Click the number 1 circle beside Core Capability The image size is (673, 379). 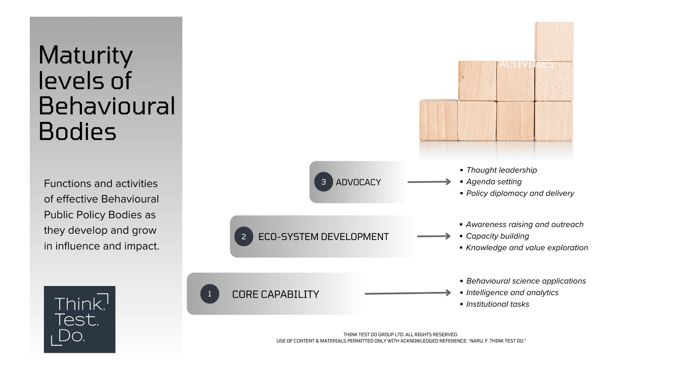pos(209,294)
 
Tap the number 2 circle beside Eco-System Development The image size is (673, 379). pos(244,237)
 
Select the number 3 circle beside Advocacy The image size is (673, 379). pos(323,182)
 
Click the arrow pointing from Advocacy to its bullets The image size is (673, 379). pos(429,182)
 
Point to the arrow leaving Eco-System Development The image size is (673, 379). pos(434,237)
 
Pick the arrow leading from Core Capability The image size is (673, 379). pos(408,293)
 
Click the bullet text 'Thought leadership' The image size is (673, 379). pos(501,170)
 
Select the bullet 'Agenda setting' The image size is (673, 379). pos(494,181)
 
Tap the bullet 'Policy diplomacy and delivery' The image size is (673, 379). pos(520,193)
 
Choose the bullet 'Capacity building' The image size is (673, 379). pos(497,236)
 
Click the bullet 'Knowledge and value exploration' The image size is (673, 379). pos(527,248)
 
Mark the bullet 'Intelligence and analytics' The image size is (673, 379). pos(512,293)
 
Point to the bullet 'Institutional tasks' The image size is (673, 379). pos(498,304)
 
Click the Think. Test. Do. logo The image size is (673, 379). pos(79,319)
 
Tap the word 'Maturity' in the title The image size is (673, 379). pos(86,56)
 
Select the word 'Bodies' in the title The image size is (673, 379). pos(77,132)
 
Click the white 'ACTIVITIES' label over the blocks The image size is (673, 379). pos(526,64)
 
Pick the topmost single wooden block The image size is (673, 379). pos(554,42)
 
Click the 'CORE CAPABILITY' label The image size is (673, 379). pos(276,294)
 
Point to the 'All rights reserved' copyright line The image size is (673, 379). pos(400,335)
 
